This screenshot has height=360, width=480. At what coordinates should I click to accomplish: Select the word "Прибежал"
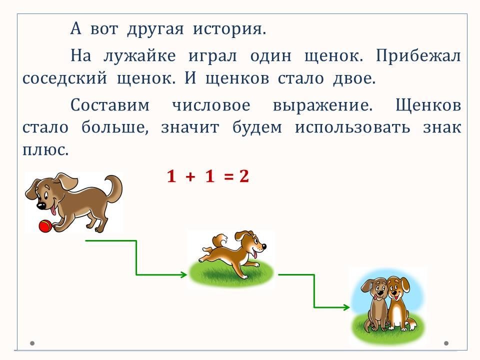click(x=418, y=56)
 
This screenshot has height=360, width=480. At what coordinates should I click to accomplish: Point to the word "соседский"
click(x=64, y=78)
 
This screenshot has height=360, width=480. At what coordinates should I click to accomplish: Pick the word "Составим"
click(x=110, y=105)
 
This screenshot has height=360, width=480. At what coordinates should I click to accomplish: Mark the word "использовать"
click(x=352, y=127)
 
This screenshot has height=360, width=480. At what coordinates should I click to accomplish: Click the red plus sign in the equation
click(x=190, y=176)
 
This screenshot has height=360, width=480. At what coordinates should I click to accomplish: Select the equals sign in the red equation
click(x=228, y=177)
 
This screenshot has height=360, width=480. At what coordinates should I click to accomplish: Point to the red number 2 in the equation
click(x=244, y=176)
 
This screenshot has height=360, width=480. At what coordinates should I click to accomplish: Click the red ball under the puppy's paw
click(x=45, y=226)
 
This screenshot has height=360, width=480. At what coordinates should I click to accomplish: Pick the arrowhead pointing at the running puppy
click(x=183, y=274)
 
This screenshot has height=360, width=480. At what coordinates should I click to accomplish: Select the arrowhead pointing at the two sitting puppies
click(x=346, y=307)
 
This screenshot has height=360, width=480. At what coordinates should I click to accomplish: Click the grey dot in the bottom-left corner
click(x=32, y=343)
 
